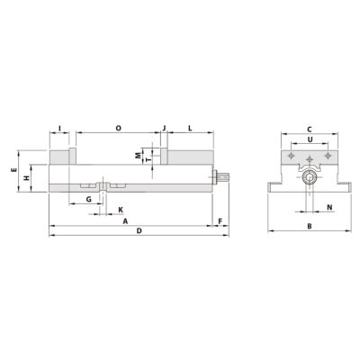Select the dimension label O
(119, 129)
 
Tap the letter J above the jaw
(165, 129)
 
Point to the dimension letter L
(191, 129)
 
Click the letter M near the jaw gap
(138, 156)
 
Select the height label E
(13, 169)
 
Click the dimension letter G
(89, 198)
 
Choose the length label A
(125, 220)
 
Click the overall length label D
(139, 231)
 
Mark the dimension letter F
(220, 220)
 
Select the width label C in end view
(309, 130)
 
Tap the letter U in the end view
(310, 140)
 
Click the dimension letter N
(329, 208)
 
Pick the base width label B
(309, 226)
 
